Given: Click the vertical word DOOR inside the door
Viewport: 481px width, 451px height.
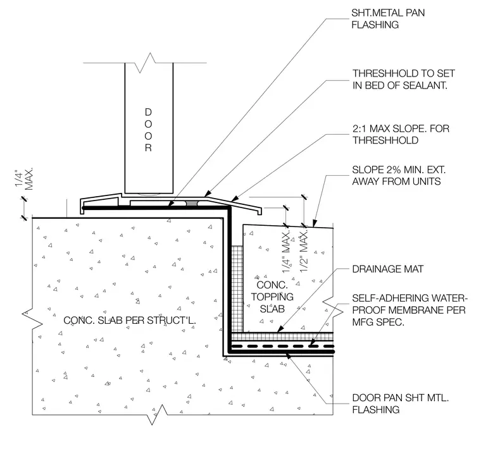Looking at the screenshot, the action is click(148, 130).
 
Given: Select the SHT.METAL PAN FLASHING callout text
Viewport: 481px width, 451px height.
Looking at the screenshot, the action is click(388, 19).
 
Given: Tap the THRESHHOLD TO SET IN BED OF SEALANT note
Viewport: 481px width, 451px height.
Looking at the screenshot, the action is click(403, 79).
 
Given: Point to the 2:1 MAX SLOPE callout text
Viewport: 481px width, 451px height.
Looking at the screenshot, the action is click(401, 134).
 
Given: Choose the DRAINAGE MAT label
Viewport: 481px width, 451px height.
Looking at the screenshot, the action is click(387, 269).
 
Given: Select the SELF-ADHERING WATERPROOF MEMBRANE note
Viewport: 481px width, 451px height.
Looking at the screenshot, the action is click(409, 310).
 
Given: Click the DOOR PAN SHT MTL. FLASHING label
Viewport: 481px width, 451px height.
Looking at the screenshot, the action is click(401, 404).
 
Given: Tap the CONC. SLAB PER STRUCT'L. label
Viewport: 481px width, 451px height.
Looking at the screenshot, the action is click(130, 320).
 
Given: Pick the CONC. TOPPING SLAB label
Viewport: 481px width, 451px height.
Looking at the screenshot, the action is click(272, 297).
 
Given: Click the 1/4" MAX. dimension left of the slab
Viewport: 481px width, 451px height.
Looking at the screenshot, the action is click(24, 179).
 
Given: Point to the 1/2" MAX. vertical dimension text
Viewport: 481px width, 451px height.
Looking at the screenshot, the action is click(304, 251).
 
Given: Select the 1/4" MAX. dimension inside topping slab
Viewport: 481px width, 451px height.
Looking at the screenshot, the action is click(286, 252).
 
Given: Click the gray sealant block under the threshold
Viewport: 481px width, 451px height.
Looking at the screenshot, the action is click(192, 203).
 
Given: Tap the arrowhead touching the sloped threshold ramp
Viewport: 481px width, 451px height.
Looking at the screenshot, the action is click(234, 199).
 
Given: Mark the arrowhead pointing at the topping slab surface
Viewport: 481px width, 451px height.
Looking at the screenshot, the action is click(315, 223).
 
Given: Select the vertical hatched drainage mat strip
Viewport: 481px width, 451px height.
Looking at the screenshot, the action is click(237, 288).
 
